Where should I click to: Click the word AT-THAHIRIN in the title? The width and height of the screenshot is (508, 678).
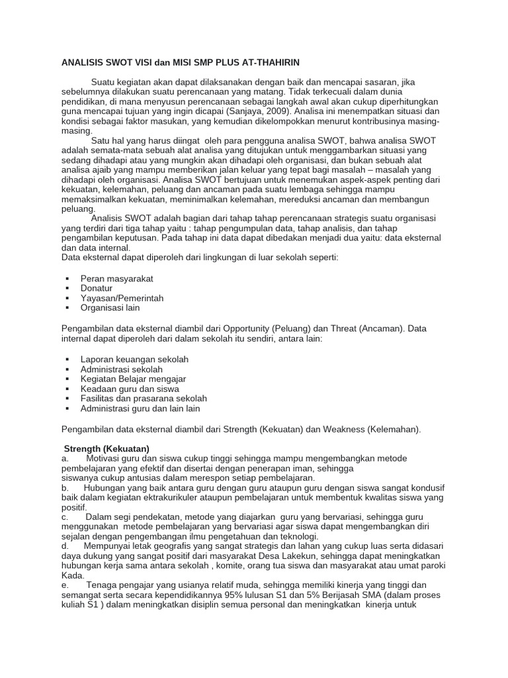(268, 63)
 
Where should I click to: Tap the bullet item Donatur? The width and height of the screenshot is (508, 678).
(97, 288)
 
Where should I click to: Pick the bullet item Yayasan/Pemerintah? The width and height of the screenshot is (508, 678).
(122, 298)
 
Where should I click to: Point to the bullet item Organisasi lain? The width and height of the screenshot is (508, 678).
(110, 308)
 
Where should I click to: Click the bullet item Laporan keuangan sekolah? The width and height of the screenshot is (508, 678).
(134, 359)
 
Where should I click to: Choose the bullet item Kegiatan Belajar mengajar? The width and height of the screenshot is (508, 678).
(133, 379)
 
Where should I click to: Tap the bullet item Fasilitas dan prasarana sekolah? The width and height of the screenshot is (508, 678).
(144, 399)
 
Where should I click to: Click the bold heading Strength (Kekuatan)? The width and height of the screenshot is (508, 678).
(107, 448)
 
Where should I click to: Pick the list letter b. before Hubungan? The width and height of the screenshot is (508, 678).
(65, 488)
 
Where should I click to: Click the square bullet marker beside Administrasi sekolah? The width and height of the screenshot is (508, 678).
(67, 369)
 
